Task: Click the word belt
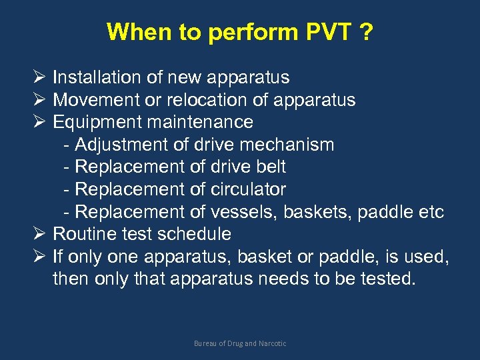(271, 167)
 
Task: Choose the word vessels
(247, 212)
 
